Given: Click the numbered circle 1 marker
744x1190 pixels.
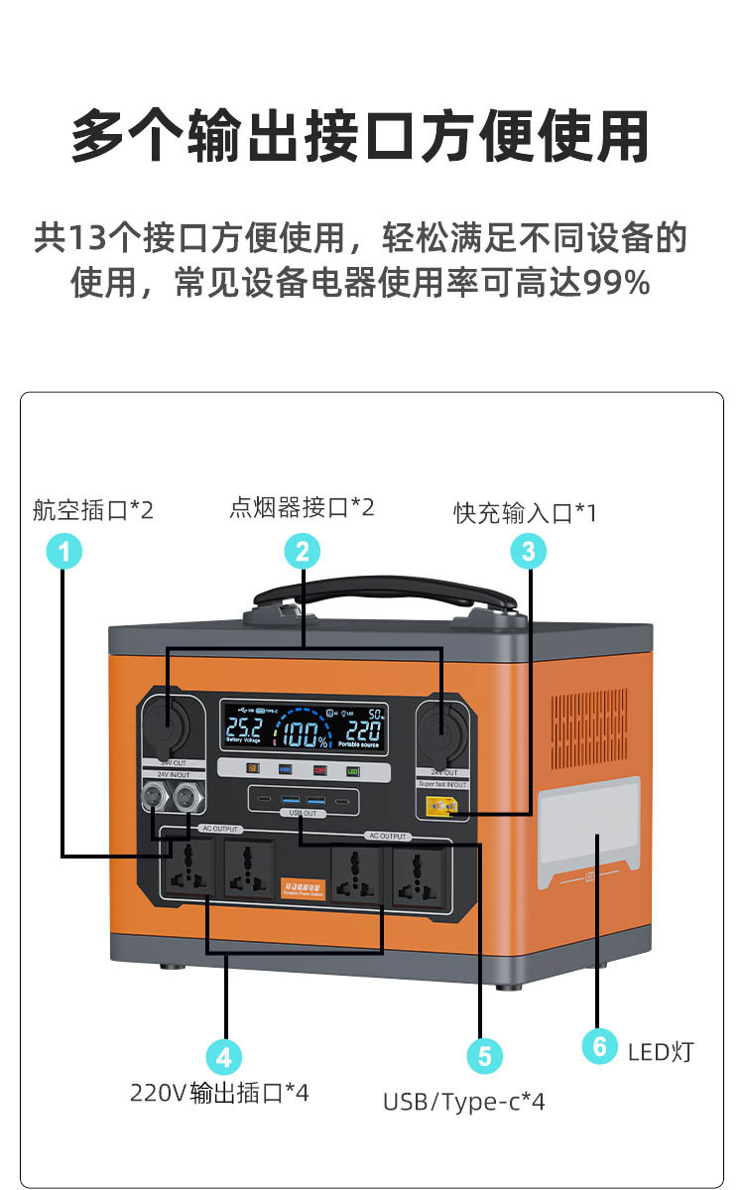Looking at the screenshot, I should [64, 550].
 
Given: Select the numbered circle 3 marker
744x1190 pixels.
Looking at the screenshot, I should [529, 550].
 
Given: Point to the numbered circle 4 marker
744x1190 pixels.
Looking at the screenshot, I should [223, 1056].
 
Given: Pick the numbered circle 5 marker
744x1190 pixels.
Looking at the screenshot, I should [483, 1056].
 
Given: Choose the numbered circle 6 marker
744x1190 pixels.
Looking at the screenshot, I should [598, 1046].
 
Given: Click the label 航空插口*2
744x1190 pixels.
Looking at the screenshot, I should [93, 511].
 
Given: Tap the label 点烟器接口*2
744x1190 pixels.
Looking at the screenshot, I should [302, 508].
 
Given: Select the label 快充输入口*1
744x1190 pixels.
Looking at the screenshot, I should [526, 513].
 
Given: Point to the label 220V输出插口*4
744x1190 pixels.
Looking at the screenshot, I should [219, 1093].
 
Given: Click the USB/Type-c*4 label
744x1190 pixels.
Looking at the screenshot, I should [464, 1101].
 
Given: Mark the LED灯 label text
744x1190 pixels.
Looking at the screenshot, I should [661, 1051].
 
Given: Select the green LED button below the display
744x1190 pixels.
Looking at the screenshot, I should [352, 770].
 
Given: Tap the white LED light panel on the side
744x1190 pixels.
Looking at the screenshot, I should [589, 832].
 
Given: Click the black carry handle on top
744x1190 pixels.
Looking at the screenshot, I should [385, 597].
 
